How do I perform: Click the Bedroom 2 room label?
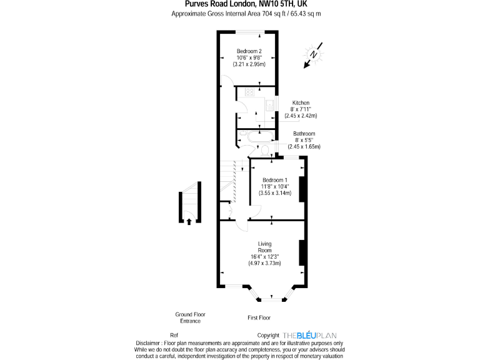point(249,51)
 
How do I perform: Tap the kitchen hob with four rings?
point(251,92)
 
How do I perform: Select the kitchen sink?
point(270,106)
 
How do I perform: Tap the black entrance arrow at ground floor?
point(189,219)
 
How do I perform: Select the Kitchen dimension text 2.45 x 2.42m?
point(301,116)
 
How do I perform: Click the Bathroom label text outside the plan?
point(304,133)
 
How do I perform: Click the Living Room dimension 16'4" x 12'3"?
point(264,256)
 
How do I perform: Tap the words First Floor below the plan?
point(259,318)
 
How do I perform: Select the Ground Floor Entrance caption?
point(190,317)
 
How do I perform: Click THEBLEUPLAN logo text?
point(313,335)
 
